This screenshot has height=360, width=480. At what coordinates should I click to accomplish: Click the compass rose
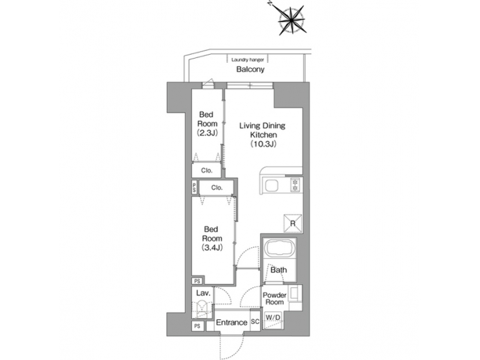click(290, 19)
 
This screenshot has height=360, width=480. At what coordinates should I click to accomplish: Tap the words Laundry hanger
click(247, 59)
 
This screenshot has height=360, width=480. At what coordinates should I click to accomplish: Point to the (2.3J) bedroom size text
click(207, 133)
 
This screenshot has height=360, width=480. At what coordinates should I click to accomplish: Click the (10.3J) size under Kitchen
click(263, 143)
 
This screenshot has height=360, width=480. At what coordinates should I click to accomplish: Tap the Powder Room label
click(274, 298)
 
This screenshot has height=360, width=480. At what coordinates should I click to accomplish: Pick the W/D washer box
click(273, 320)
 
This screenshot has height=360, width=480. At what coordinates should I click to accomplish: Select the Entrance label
click(233, 323)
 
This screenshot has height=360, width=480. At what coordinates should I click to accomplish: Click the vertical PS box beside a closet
click(194, 188)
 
